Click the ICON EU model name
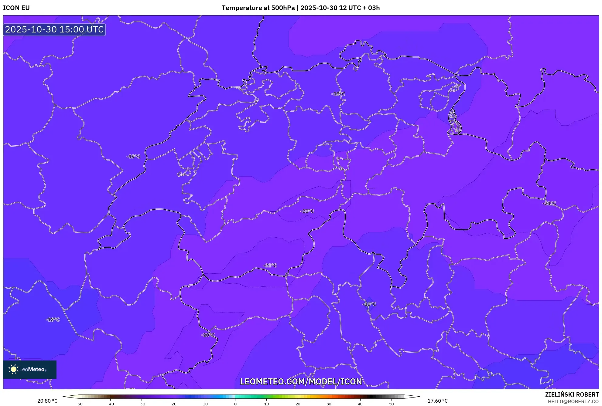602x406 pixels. click(16, 8)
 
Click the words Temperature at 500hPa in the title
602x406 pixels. click(258, 8)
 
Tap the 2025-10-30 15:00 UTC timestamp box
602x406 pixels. click(54, 29)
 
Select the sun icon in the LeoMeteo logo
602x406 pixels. click(13, 369)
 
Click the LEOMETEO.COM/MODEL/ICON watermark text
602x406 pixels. click(301, 381)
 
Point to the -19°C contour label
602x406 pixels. click(133, 157)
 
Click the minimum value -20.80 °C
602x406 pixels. click(46, 401)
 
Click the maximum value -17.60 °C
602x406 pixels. click(436, 401)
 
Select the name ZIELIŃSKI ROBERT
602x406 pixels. click(572, 394)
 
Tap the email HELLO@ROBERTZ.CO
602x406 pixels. click(573, 401)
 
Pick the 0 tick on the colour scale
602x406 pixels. click(235, 404)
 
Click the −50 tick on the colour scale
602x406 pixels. click(79, 404)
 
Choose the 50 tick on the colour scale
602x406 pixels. click(392, 404)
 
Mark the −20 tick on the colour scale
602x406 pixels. click(173, 404)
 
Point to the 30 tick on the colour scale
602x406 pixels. click(329, 404)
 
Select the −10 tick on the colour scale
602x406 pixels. click(204, 404)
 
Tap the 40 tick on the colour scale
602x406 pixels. click(360, 404)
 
